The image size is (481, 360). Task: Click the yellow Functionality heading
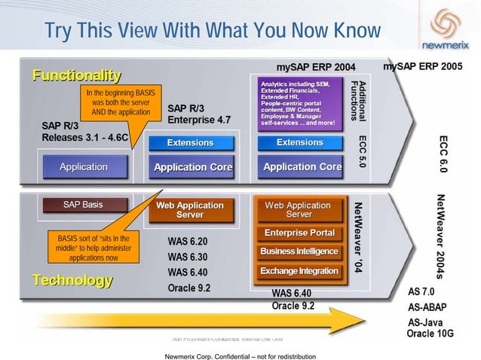(75, 75)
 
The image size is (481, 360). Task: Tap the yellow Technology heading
(72, 281)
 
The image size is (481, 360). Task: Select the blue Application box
(83, 166)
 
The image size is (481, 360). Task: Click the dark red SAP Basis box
(83, 205)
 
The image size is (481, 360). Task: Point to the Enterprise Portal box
(299, 233)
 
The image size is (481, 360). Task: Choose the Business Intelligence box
(299, 252)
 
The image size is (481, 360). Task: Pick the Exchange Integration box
(299, 270)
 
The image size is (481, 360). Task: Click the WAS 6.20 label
(187, 242)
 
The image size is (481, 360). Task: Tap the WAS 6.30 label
(187, 257)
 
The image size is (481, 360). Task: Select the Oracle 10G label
(430, 333)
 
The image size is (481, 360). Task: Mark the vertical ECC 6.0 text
(443, 155)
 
